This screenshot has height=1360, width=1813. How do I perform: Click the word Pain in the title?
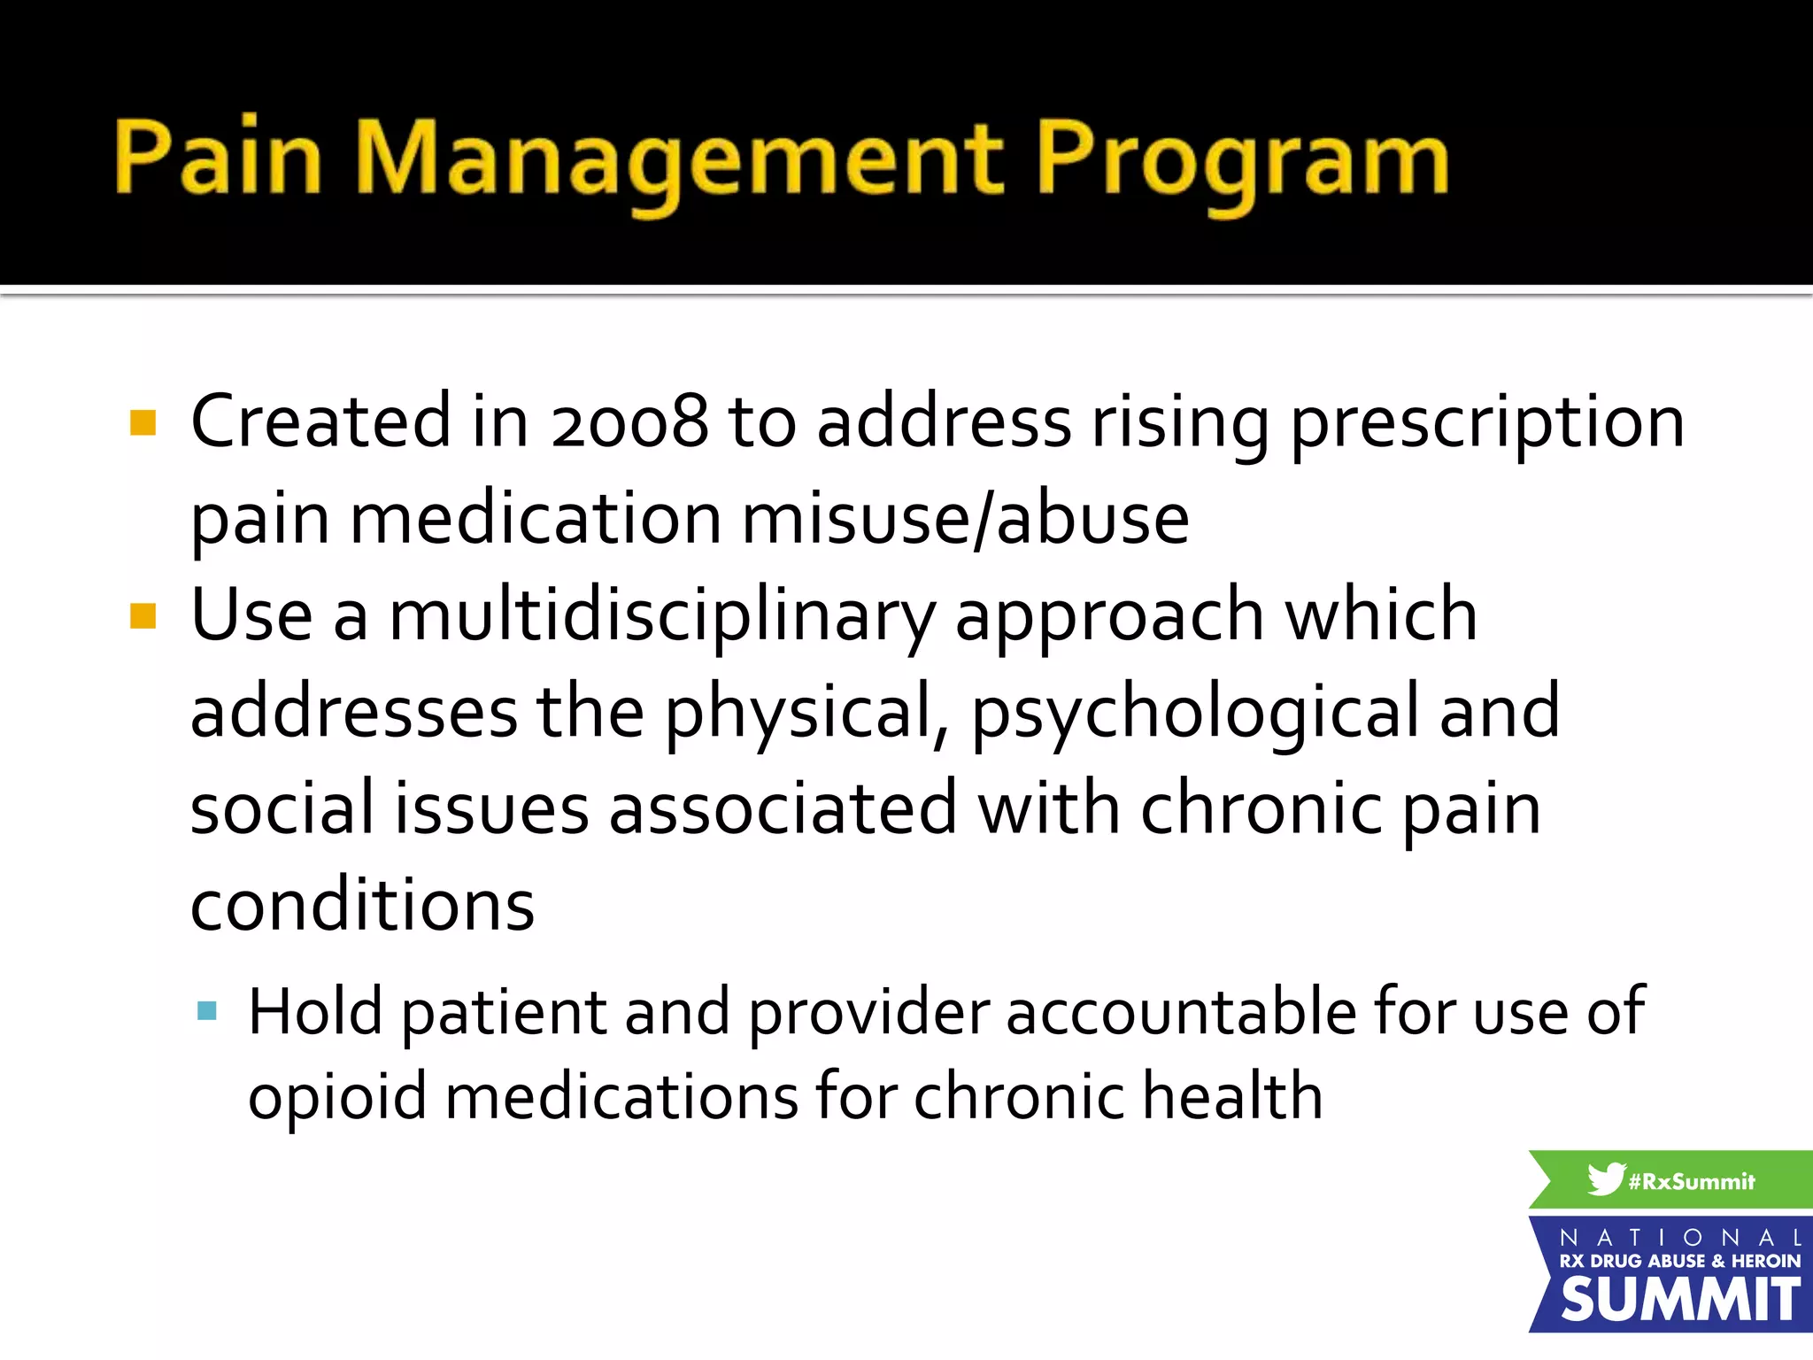click(x=217, y=157)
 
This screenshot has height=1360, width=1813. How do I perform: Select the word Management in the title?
click(x=679, y=159)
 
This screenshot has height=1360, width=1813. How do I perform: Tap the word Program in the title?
click(x=1242, y=159)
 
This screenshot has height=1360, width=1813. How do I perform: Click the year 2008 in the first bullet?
click(x=629, y=421)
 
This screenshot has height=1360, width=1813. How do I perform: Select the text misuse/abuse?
click(x=965, y=519)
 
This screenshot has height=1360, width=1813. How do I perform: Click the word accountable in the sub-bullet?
click(x=1180, y=1012)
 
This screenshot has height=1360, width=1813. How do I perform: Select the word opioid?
click(x=337, y=1097)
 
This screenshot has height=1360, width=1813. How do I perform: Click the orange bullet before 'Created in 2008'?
click(x=143, y=423)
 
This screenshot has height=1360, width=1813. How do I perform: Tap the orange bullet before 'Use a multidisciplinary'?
click(x=143, y=616)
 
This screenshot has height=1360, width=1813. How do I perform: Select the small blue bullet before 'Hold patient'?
click(x=207, y=1011)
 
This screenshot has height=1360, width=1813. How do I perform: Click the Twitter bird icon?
click(x=1605, y=1178)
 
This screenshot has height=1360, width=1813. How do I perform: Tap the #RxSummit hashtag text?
click(x=1691, y=1181)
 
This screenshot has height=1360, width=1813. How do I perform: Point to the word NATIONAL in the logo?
click(x=1679, y=1237)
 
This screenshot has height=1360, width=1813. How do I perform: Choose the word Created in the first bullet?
click(x=321, y=421)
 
